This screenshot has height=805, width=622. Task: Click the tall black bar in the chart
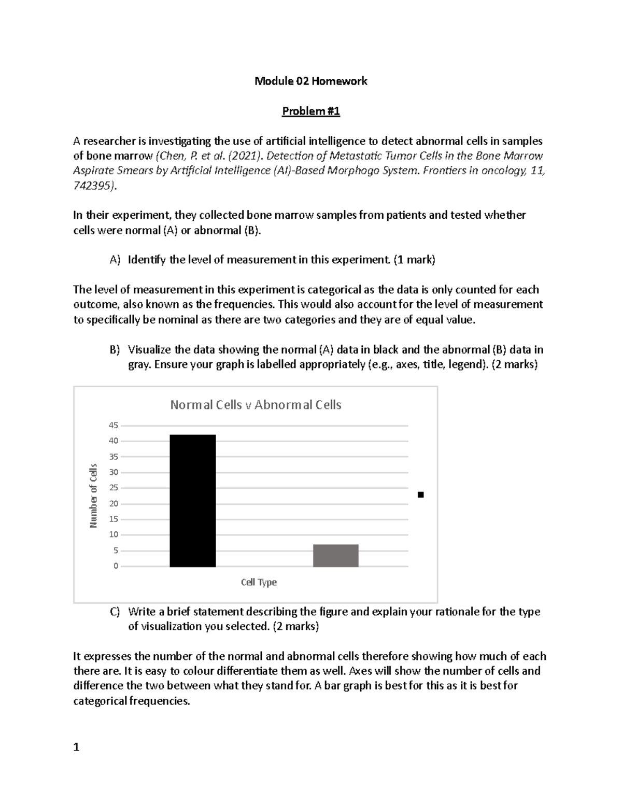[x=192, y=501]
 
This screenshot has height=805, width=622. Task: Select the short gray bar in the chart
[x=335, y=556]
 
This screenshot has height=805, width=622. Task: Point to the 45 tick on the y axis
[x=113, y=426]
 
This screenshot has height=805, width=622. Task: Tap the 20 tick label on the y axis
[x=113, y=504]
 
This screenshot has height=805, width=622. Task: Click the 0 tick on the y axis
[x=116, y=566]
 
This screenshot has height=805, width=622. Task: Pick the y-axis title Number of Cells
[x=93, y=496]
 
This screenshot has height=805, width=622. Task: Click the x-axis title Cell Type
[x=259, y=583]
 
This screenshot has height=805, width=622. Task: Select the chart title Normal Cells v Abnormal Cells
[x=256, y=405]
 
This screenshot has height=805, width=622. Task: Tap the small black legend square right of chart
[x=420, y=495]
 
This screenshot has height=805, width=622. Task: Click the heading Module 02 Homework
[x=310, y=81]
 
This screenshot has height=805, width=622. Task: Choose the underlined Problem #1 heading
[x=310, y=111]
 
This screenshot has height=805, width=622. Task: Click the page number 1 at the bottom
[x=77, y=747]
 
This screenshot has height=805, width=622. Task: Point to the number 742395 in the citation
[x=92, y=186]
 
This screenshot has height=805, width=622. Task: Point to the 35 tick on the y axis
[x=113, y=457]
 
